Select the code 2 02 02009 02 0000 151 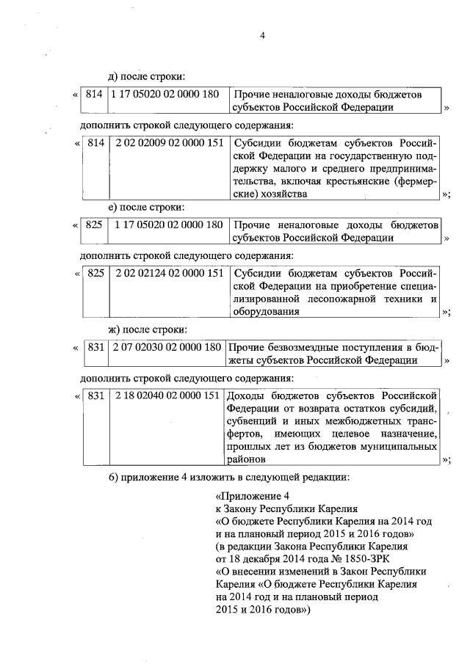168,143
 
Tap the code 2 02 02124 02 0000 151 168,273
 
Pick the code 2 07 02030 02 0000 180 167,348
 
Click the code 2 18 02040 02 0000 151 167,395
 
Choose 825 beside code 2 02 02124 96,273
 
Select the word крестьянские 365,181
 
